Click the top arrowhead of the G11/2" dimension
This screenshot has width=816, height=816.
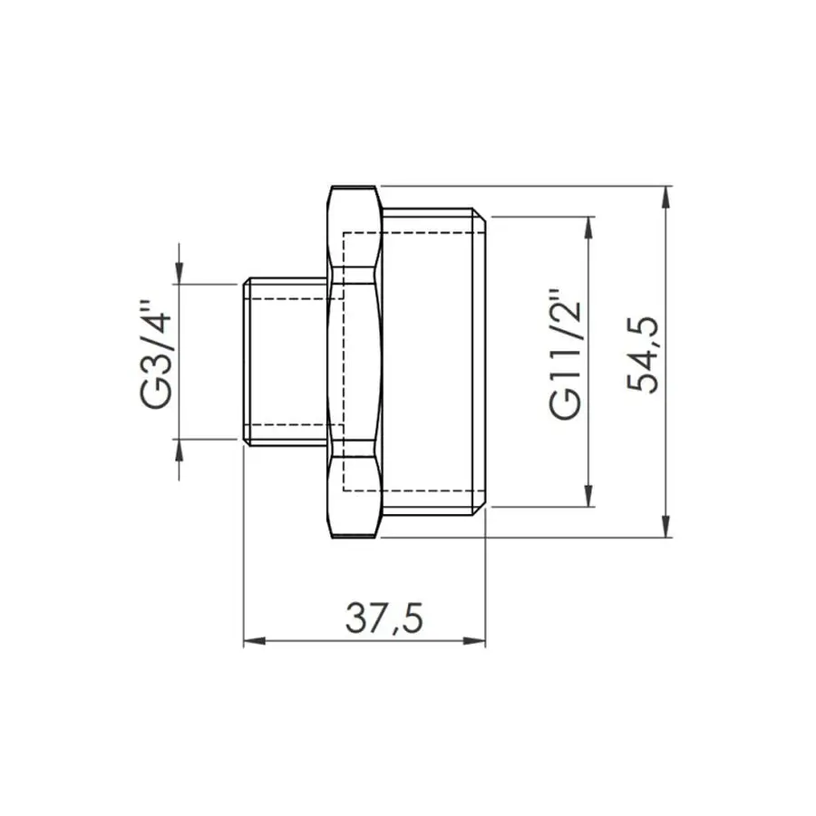point(590,228)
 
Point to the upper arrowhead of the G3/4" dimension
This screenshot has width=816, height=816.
point(179,273)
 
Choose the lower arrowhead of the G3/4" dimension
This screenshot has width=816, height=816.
point(179,450)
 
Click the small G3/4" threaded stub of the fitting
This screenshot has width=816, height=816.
point(286,361)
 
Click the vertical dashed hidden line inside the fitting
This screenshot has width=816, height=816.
point(345,363)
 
